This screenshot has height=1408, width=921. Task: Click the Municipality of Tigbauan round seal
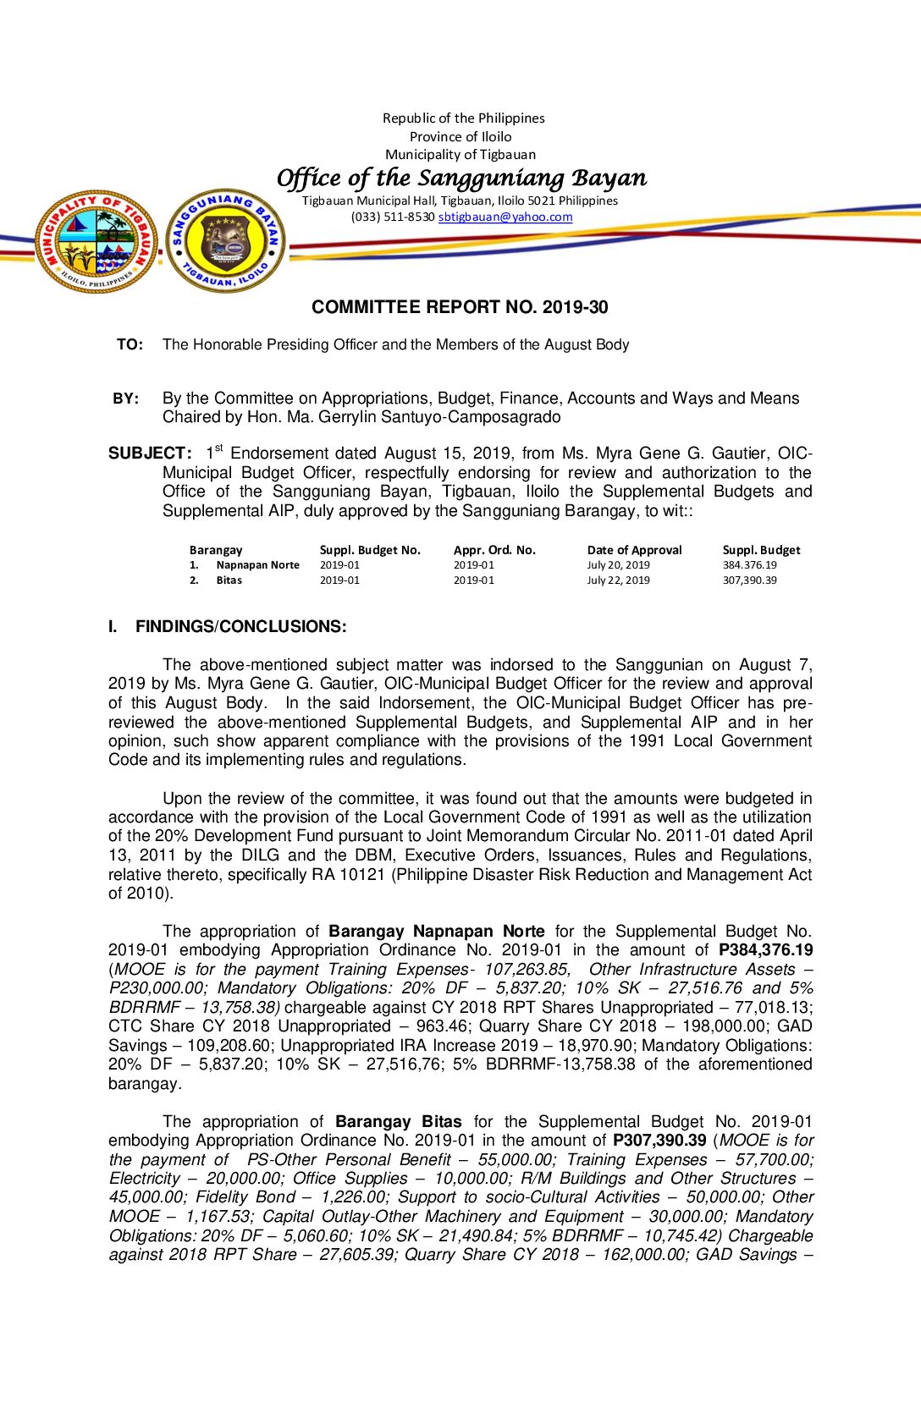[x=96, y=241]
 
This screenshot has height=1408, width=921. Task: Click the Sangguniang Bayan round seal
[x=225, y=241]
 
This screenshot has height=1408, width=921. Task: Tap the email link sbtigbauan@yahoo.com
[x=505, y=217]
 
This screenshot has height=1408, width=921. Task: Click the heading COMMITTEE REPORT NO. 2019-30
[x=460, y=307]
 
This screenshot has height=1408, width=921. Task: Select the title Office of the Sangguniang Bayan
[x=461, y=178]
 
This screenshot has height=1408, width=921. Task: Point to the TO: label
[x=130, y=344]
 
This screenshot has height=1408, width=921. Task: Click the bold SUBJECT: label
[x=150, y=454]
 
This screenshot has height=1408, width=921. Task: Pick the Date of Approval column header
[x=634, y=550]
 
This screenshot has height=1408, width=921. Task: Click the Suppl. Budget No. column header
[x=370, y=550]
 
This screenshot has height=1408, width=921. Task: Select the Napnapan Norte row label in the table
[x=257, y=565]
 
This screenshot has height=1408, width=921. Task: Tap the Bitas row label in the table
[x=229, y=580]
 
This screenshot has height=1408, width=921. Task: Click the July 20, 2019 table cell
[x=619, y=565]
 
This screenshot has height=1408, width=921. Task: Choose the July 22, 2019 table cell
[x=619, y=580]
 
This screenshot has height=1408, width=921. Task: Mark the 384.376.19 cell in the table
[x=749, y=565]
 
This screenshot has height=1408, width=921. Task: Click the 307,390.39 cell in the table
[x=749, y=580]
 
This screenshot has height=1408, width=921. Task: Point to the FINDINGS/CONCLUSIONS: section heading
[x=240, y=627]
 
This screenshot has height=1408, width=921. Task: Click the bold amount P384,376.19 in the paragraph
[x=765, y=950]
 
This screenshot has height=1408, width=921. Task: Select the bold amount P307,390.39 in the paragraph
[x=659, y=1141]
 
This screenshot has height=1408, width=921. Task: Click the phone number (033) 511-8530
[x=393, y=217]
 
